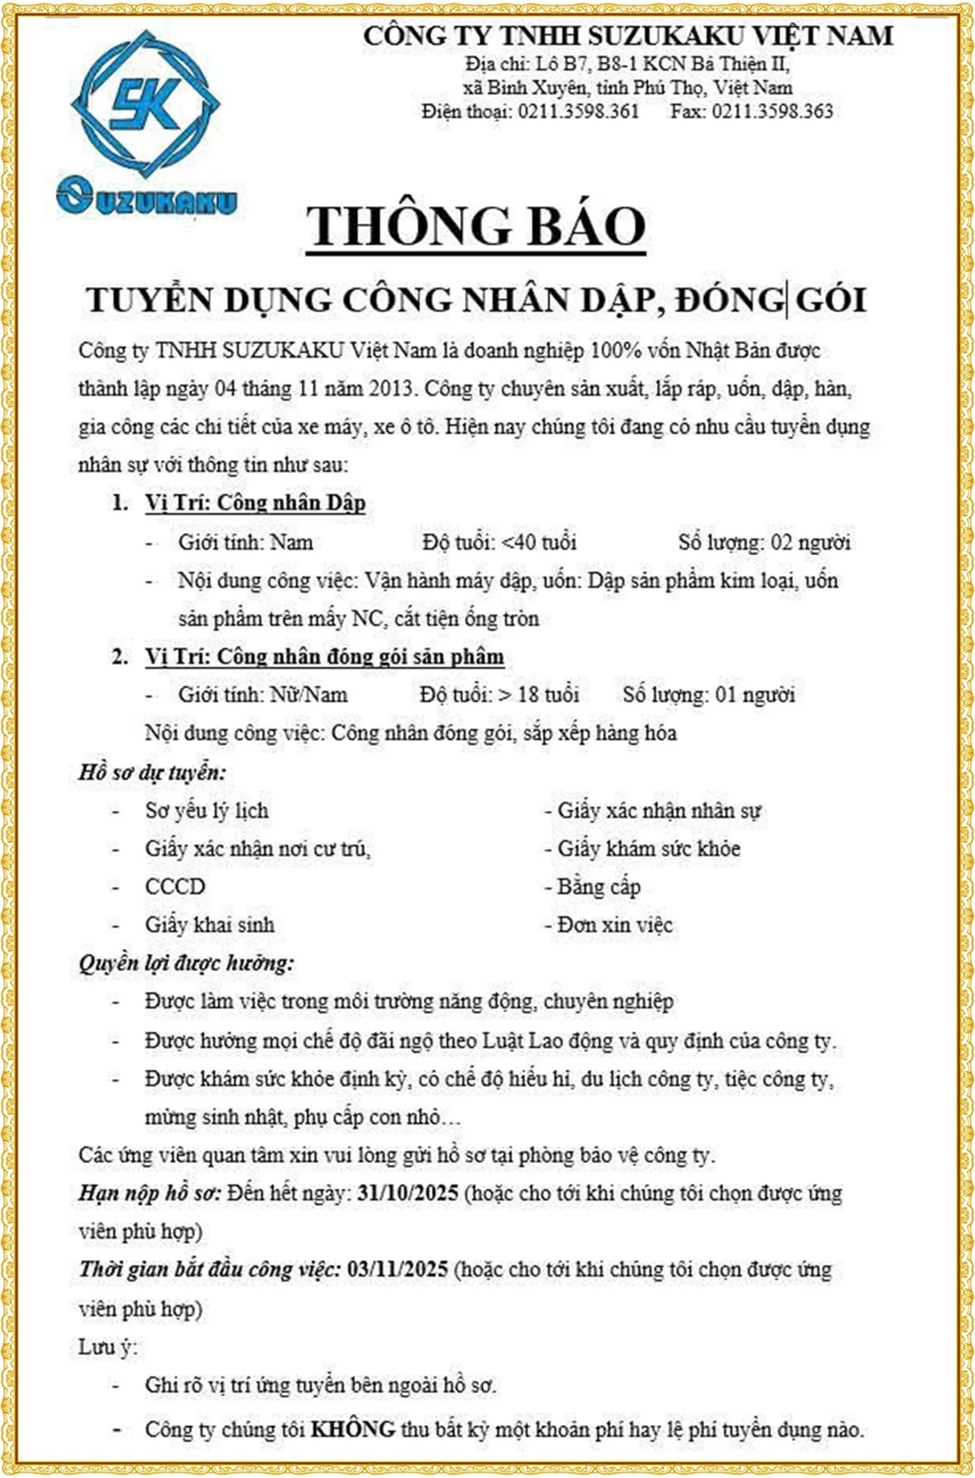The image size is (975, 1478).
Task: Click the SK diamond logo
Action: [145, 104]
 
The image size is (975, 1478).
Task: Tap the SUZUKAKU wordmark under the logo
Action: [147, 199]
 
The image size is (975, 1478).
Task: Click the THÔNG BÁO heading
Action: [476, 226]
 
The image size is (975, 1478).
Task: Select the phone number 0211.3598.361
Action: [578, 111]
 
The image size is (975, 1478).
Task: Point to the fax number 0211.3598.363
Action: [772, 111]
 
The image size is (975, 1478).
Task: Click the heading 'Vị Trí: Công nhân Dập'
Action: [255, 503]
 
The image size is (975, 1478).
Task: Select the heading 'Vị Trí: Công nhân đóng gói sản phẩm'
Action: [325, 657]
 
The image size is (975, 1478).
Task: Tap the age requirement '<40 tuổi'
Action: [538, 542]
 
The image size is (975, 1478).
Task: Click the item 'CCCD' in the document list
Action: [175, 887]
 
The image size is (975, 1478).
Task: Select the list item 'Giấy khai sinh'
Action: [210, 925]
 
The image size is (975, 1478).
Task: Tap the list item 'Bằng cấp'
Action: [598, 887]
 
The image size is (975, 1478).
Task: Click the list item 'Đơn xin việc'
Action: [615, 925]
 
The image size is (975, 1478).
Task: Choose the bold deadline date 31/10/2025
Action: [407, 1193]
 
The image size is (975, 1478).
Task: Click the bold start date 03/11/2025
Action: [397, 1269]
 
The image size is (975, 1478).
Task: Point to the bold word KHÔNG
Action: [353, 1430]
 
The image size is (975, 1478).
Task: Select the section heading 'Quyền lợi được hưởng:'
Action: [186, 963]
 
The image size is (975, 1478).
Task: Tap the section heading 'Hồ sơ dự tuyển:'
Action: [153, 772]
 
